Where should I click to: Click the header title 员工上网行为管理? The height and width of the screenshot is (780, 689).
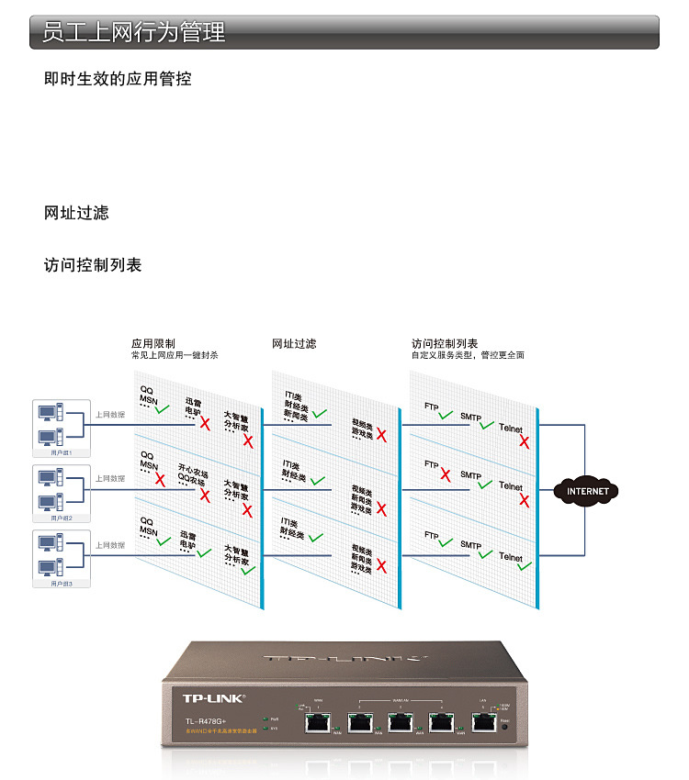coord(134,33)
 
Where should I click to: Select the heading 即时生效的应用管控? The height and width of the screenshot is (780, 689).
coord(118,79)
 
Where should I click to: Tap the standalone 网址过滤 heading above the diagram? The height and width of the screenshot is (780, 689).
coord(76,213)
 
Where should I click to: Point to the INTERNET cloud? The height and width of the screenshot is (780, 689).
coord(587,491)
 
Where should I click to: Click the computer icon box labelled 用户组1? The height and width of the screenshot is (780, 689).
coord(62,428)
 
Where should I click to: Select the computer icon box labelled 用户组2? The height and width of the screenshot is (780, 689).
coord(62,493)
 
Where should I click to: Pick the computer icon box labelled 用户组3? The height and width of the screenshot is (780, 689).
coord(62,558)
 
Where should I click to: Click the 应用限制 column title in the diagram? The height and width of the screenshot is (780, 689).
coord(152,343)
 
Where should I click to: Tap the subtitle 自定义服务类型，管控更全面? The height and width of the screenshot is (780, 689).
coord(468,355)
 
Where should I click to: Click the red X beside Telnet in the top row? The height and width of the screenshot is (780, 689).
coord(524,441)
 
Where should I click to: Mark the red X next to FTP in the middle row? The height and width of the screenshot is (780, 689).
coord(446,474)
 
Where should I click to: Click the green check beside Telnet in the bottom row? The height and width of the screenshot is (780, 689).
coord(524,566)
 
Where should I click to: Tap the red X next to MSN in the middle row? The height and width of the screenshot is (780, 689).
coord(160,479)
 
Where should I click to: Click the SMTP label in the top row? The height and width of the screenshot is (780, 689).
coord(470,416)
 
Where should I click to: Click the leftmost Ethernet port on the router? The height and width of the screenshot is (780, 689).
coord(318,721)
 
